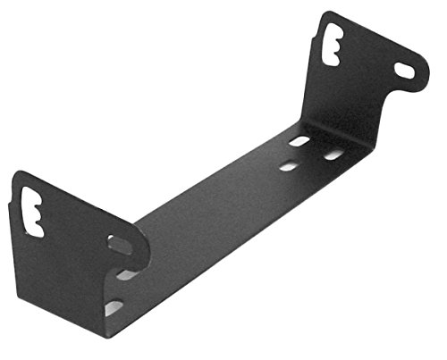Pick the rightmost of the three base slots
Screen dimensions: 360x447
[333, 154]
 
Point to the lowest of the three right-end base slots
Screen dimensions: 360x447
[289, 165]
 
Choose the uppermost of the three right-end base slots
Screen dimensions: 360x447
[299, 141]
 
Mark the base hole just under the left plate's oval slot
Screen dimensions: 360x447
[126, 274]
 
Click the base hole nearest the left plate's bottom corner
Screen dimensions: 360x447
[114, 307]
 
